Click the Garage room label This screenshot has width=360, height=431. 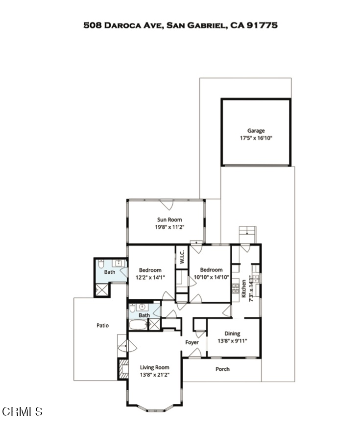[x=256, y=131]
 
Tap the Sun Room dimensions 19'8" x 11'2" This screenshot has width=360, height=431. [x=169, y=227]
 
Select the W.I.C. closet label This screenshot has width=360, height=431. [x=182, y=257]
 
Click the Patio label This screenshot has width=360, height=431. [x=102, y=325]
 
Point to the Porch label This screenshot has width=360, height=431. [x=222, y=369]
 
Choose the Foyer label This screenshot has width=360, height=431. [x=192, y=342]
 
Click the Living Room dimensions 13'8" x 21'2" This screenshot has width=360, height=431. [x=155, y=375]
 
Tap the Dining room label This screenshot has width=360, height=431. [x=232, y=334]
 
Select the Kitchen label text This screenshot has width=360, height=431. [x=243, y=288]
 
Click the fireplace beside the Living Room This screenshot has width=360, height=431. [x=123, y=369]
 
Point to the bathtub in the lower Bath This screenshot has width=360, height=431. [x=139, y=325]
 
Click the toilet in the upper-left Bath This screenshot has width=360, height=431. [x=101, y=264]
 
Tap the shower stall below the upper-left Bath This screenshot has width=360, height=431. [x=102, y=290]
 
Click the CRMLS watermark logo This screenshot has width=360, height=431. [x=22, y=411]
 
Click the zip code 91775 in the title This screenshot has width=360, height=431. [x=262, y=25]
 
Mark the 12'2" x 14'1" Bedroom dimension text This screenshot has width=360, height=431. [x=150, y=277]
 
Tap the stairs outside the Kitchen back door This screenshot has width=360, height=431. [x=248, y=235]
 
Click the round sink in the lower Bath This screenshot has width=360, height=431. [x=143, y=307]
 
